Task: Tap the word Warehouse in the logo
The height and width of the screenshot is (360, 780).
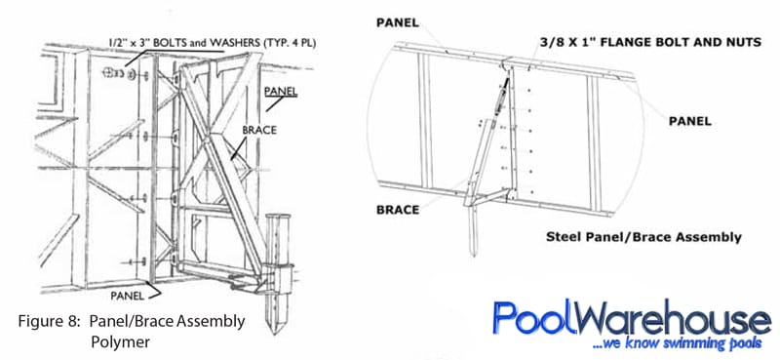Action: pyautogui.click(x=668, y=319)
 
